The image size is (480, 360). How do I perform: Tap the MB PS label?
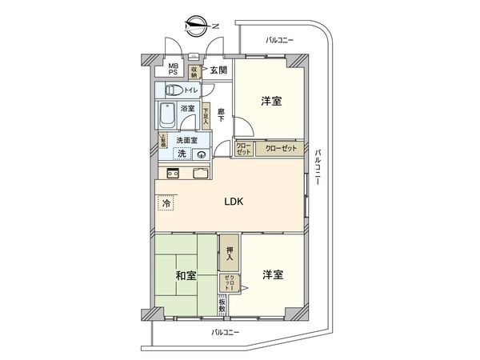tap(172, 70)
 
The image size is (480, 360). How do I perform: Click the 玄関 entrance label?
tap(218, 70)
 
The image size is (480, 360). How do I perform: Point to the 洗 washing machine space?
tap(182, 154)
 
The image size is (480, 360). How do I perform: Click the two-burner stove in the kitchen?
tap(172, 174)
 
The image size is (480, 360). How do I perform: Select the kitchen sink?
tap(199, 174)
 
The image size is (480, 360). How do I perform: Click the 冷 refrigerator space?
tap(166, 204)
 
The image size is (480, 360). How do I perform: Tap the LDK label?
tap(233, 201)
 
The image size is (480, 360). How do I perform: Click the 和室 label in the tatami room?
tap(186, 275)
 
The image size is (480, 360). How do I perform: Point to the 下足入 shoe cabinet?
tap(206, 117)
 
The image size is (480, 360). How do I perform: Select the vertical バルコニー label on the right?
tap(318, 167)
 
